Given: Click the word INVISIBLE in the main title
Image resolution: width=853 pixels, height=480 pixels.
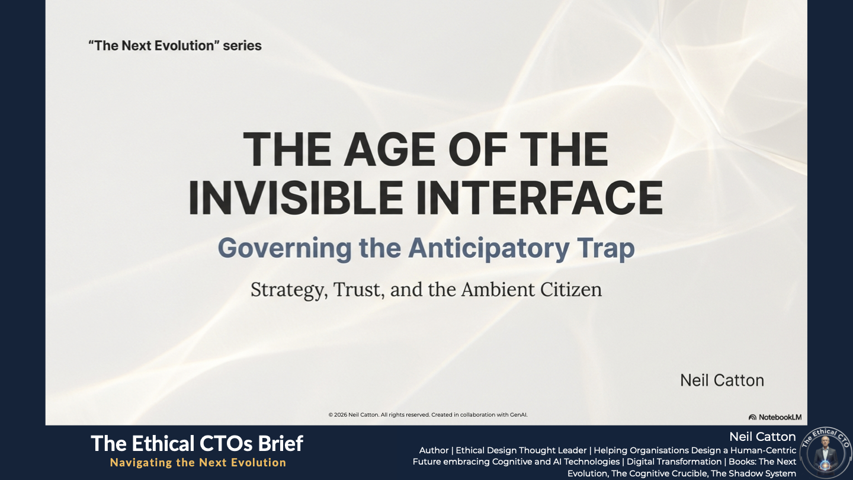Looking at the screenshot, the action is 296,197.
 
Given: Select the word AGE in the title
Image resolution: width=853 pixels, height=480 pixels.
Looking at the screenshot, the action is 389,149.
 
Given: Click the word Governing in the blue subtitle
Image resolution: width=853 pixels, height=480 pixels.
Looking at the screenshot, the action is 284,248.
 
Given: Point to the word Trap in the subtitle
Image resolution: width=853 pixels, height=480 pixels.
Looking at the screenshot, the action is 606,248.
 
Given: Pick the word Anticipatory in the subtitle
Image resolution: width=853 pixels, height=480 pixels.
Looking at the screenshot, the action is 489,248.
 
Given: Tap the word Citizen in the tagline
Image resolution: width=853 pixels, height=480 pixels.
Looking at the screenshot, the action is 571,289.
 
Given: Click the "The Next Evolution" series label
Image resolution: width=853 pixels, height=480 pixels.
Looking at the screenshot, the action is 175,46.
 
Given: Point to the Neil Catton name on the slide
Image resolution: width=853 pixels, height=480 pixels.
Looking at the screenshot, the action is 722,380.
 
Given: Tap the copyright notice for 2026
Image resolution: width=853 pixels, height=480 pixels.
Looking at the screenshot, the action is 428,414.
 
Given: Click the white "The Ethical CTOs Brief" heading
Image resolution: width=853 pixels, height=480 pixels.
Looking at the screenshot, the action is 197,443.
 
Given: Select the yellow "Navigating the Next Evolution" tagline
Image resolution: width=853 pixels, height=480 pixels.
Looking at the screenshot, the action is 198,462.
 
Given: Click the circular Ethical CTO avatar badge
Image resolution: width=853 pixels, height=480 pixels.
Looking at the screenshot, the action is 826,453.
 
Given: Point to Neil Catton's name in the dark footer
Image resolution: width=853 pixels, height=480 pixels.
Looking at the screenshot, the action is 762,437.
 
